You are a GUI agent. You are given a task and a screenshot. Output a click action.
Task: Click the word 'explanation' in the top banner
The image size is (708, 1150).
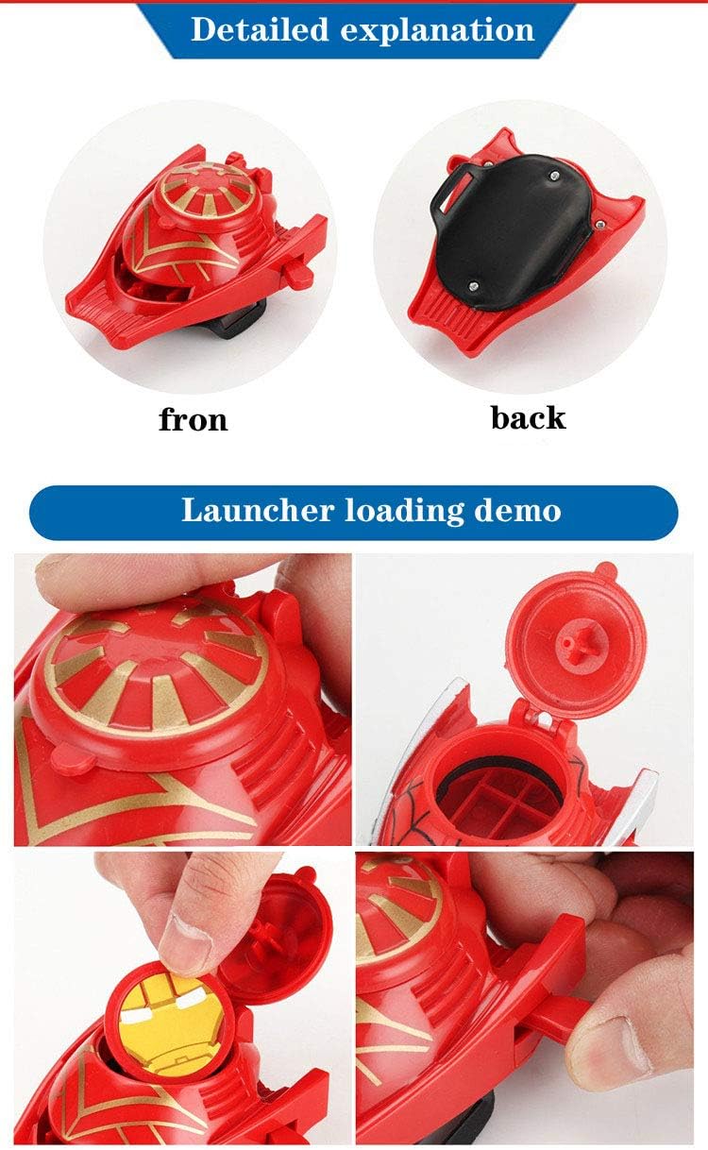coord(437,30)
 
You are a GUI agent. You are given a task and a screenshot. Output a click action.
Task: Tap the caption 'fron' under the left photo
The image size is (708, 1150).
coord(194,418)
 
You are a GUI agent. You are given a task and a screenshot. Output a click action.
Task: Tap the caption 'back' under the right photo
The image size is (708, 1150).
coord(528,416)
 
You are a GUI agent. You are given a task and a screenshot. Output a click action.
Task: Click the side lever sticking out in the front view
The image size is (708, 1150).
coord(298,274)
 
